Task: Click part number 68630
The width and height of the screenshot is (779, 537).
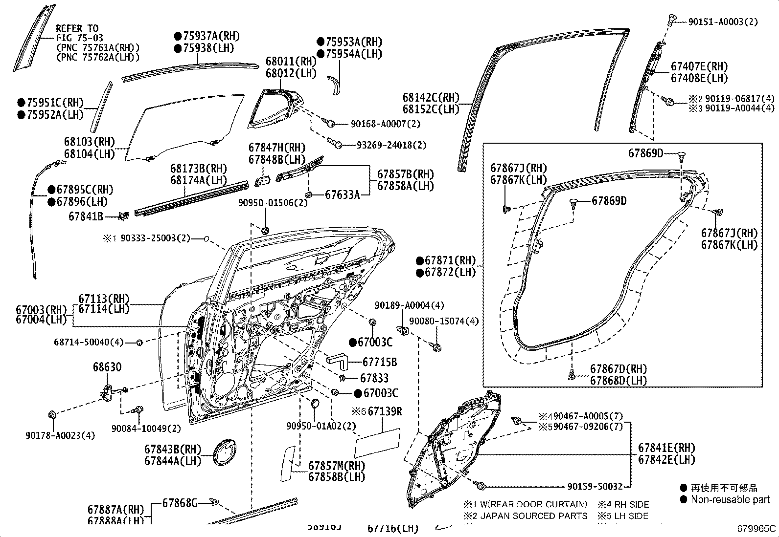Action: pyautogui.click(x=107, y=367)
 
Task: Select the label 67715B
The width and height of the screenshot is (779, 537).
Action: pyautogui.click(x=379, y=362)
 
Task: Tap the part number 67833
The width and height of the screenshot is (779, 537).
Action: pyautogui.click(x=374, y=378)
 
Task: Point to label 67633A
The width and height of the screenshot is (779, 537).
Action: pyautogui.click(x=343, y=195)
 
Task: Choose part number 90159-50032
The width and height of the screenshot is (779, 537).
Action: pyautogui.click(x=595, y=487)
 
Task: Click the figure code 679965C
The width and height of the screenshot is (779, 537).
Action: pyautogui.click(x=756, y=528)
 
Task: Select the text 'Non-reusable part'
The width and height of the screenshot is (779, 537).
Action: pyautogui.click(x=730, y=499)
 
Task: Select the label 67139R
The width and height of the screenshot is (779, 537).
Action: pyautogui.click(x=385, y=412)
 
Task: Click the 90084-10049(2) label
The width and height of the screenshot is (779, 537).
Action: pyautogui.click(x=146, y=429)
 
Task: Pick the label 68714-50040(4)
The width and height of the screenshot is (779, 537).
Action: pyautogui.click(x=89, y=342)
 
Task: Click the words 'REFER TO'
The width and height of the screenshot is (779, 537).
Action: pyautogui.click(x=77, y=28)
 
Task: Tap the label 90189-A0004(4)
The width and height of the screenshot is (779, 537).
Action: pyautogui.click(x=410, y=305)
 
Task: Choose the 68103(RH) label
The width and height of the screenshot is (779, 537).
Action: pyautogui.click(x=89, y=142)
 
